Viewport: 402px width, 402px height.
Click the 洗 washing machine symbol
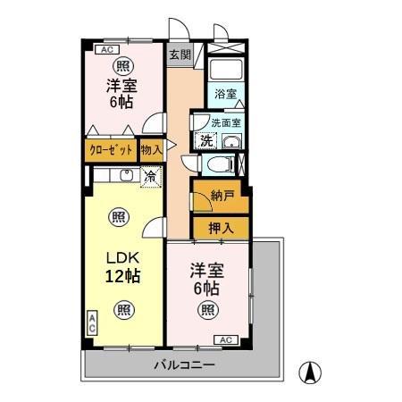click(x=206, y=140)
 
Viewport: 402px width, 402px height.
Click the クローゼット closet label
click(x=111, y=150)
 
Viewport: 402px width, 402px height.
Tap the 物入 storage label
click(x=151, y=150)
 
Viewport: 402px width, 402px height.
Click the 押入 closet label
click(x=222, y=229)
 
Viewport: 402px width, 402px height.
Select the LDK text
click(x=121, y=255)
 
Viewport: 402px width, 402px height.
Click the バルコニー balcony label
click(x=183, y=364)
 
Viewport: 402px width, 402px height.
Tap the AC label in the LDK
click(x=92, y=323)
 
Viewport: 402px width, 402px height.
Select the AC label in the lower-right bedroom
click(x=225, y=339)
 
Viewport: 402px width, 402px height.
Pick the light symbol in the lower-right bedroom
click(x=207, y=310)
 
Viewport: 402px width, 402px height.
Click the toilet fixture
click(x=217, y=164)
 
